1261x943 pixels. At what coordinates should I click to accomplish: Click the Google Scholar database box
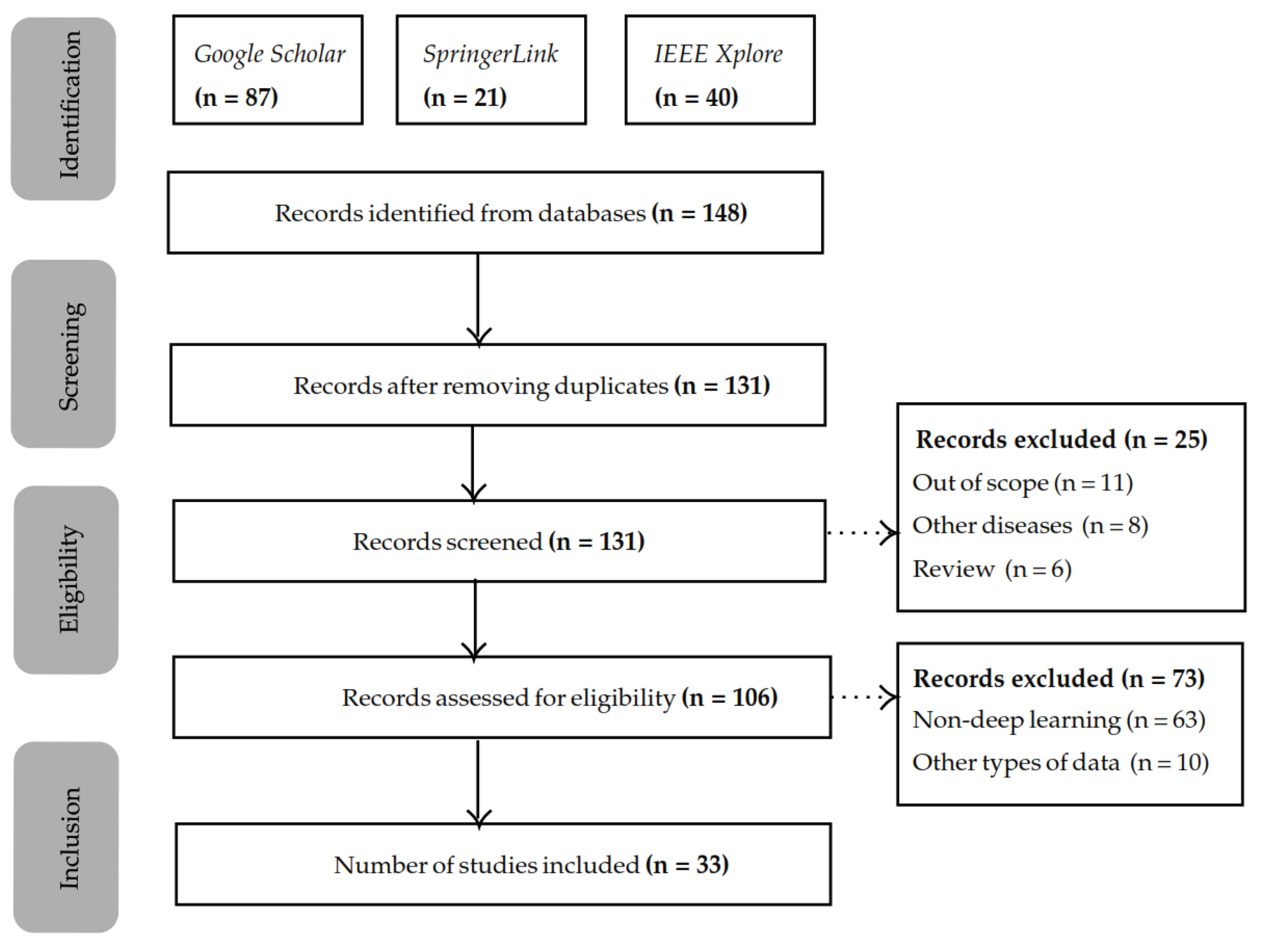click(267, 69)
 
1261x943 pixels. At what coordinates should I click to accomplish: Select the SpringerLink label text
click(490, 54)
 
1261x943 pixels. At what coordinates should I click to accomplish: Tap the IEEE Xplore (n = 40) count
click(696, 97)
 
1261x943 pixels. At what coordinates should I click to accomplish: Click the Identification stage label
click(69, 106)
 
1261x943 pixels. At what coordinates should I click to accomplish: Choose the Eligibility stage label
click(69, 579)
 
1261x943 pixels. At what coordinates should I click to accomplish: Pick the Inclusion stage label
click(69, 838)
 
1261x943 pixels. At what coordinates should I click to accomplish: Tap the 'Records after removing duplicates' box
click(497, 385)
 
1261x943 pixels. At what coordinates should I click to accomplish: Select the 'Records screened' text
click(447, 542)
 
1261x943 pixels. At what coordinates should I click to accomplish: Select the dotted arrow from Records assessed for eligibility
click(864, 697)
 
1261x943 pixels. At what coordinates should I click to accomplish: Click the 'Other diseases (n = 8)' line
click(1030, 526)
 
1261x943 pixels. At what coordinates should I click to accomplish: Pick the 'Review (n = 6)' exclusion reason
click(992, 569)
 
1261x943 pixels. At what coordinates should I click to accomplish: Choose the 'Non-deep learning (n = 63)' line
click(1059, 720)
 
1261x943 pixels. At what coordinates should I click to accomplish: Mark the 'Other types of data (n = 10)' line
click(1061, 763)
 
